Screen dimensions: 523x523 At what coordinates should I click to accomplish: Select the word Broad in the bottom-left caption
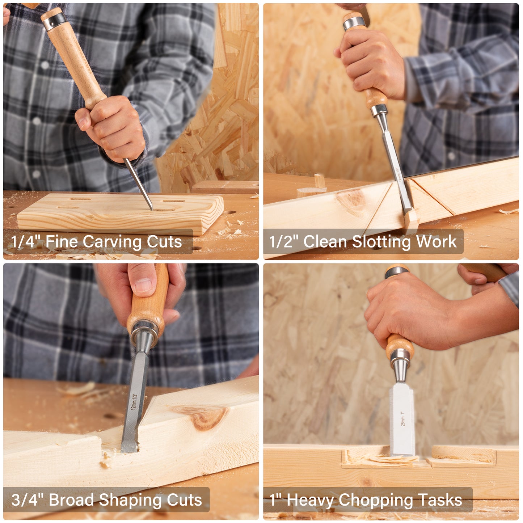(x=71, y=500)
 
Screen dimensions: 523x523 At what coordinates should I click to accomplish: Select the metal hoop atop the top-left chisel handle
(x=55, y=20)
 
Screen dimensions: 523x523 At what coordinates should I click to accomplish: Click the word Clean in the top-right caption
(x=325, y=242)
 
